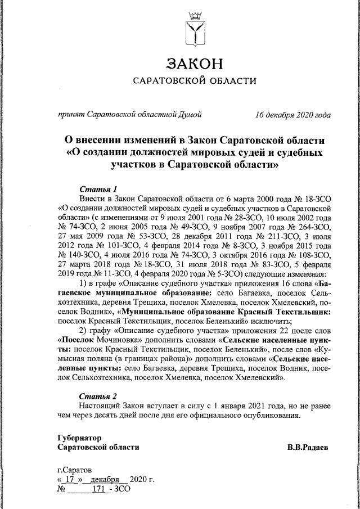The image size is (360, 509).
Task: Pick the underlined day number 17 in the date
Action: pos(70,479)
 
